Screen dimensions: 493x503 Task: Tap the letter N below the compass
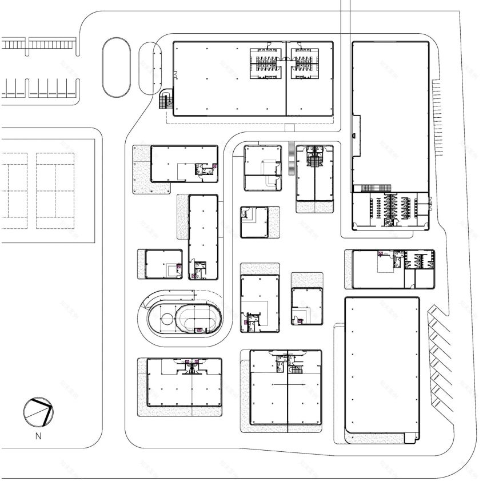39,437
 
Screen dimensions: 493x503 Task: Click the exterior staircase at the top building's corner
166,101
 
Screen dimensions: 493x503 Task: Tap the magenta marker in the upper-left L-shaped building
214,165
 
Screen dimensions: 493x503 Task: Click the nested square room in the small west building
171,269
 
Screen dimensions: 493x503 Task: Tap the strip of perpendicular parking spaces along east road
439,117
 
